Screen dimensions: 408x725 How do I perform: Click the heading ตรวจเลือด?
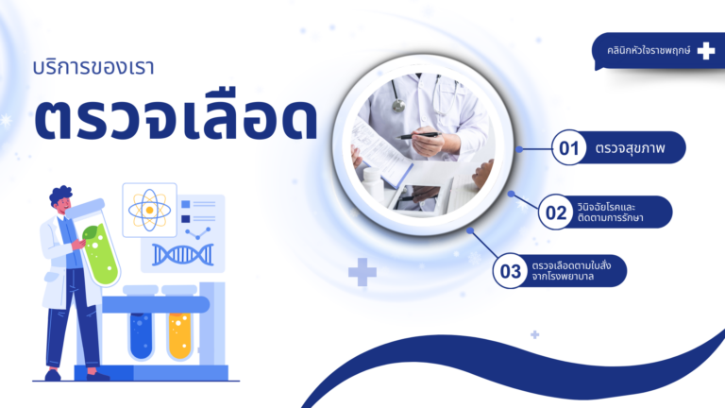(x=175, y=121)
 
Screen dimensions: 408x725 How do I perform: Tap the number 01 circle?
(x=568, y=148)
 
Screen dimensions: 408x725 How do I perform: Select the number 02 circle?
(x=555, y=212)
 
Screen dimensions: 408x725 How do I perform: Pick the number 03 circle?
(x=511, y=272)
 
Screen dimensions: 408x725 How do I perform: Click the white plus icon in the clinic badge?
(x=705, y=51)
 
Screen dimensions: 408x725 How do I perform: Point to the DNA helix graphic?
(x=182, y=253)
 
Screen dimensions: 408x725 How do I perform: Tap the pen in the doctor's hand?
(x=418, y=135)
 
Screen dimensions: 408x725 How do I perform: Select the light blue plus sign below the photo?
(x=362, y=273)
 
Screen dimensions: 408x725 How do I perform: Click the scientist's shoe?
(x=97, y=375)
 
